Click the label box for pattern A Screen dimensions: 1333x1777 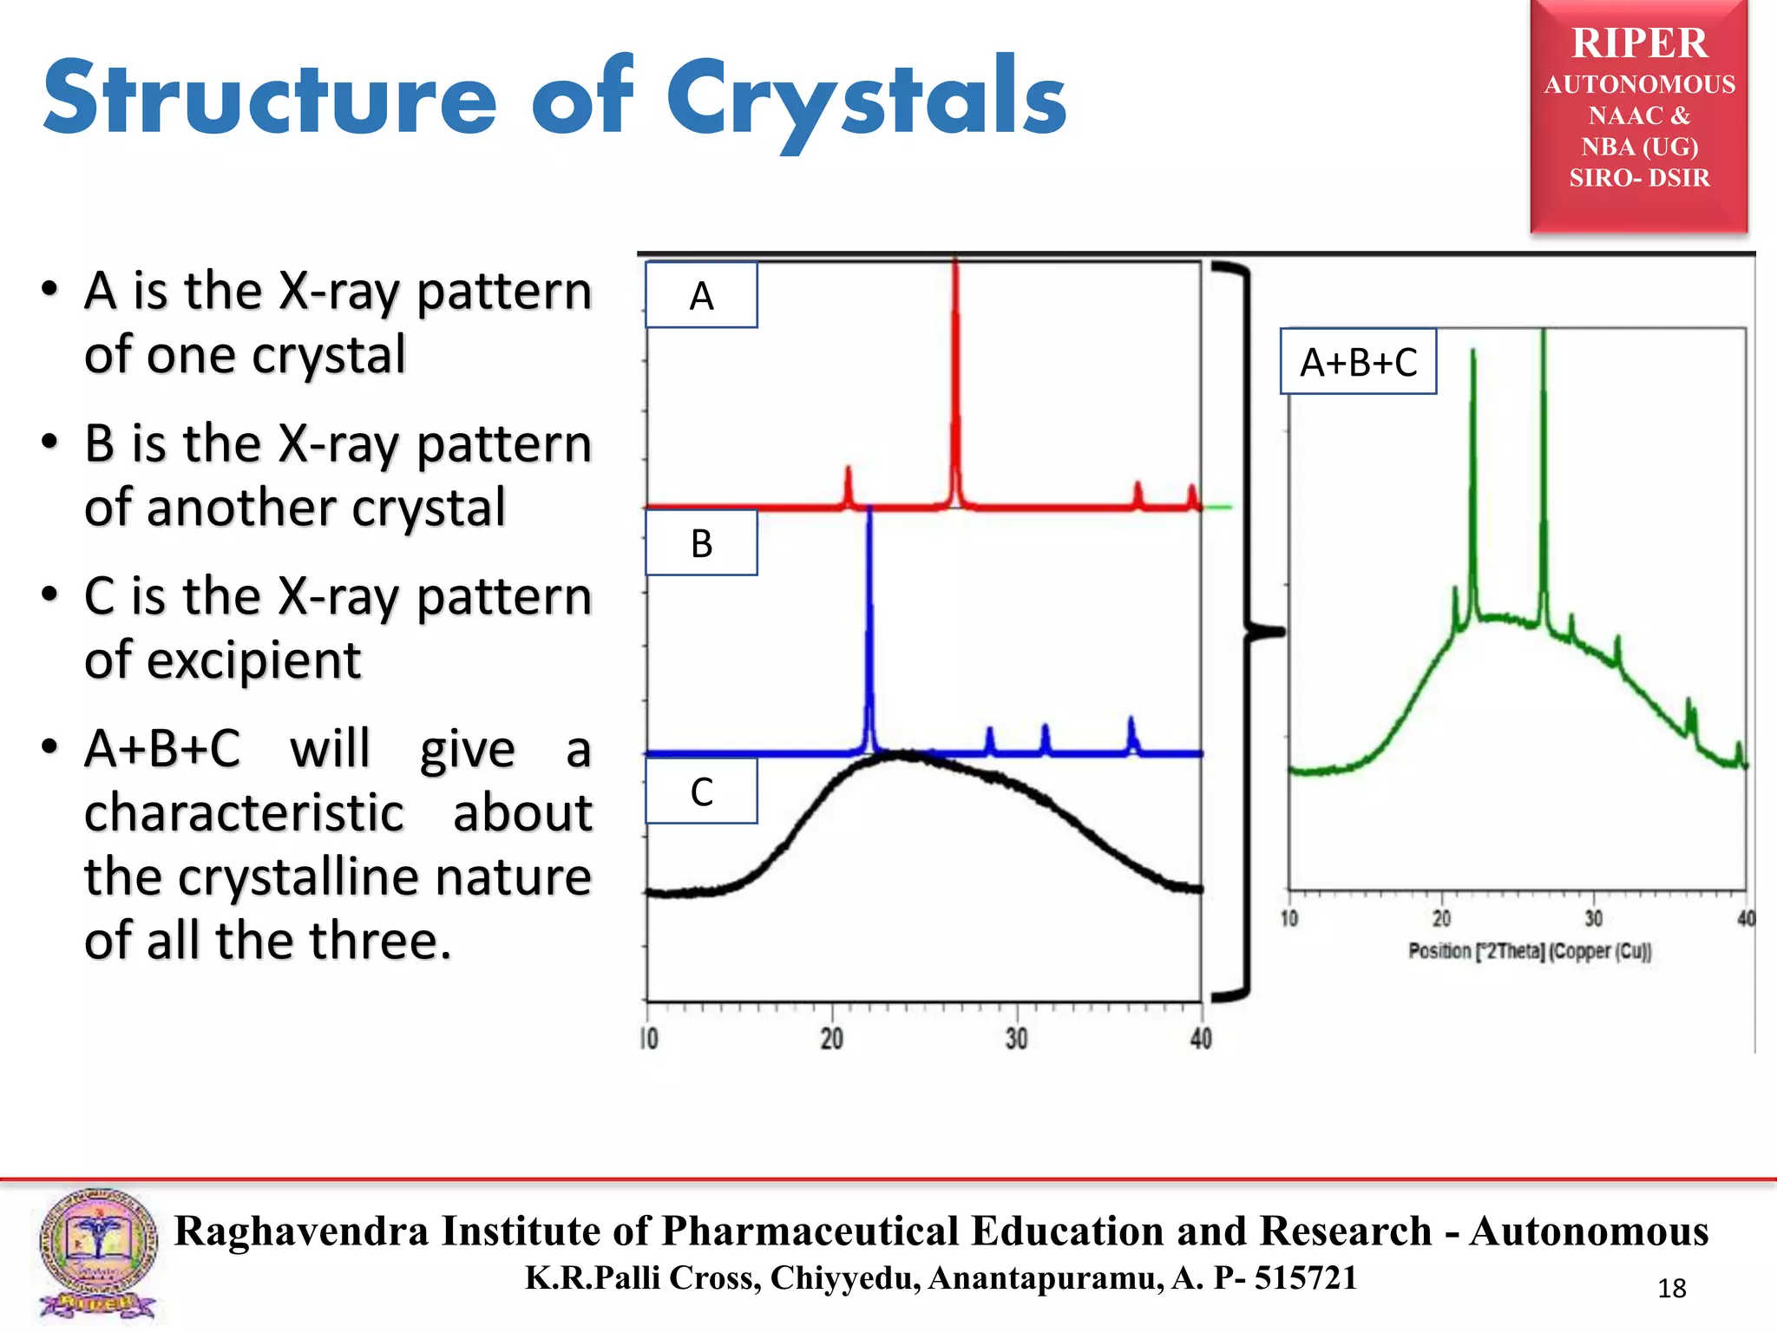(701, 296)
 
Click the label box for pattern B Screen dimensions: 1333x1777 (701, 543)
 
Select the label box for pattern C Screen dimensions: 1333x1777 (701, 791)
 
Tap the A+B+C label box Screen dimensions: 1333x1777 (1358, 362)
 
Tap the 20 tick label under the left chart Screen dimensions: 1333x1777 (831, 1039)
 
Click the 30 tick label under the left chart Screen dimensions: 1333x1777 (1016, 1039)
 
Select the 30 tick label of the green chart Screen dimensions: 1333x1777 (1593, 919)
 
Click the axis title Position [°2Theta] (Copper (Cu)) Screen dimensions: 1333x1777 (1530, 951)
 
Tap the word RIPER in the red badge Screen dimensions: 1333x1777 (1639, 43)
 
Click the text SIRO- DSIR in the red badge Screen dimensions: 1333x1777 (1639, 178)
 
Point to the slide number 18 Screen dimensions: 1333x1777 (1671, 1289)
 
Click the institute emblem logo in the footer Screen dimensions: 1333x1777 (97, 1253)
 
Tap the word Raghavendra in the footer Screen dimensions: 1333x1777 (301, 1231)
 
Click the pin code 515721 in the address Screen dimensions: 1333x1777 (1305, 1278)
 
